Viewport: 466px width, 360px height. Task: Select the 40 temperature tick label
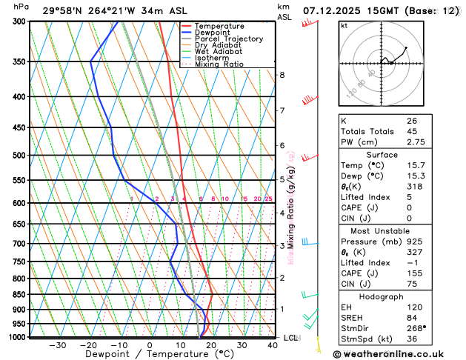click(x=273, y=345)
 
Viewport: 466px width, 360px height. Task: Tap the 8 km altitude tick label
click(x=282, y=75)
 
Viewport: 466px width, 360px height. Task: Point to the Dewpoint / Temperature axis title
click(x=149, y=354)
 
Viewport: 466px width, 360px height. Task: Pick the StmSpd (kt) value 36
click(x=411, y=339)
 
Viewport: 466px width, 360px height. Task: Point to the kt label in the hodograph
click(x=344, y=25)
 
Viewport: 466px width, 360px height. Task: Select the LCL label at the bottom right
click(x=291, y=338)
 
